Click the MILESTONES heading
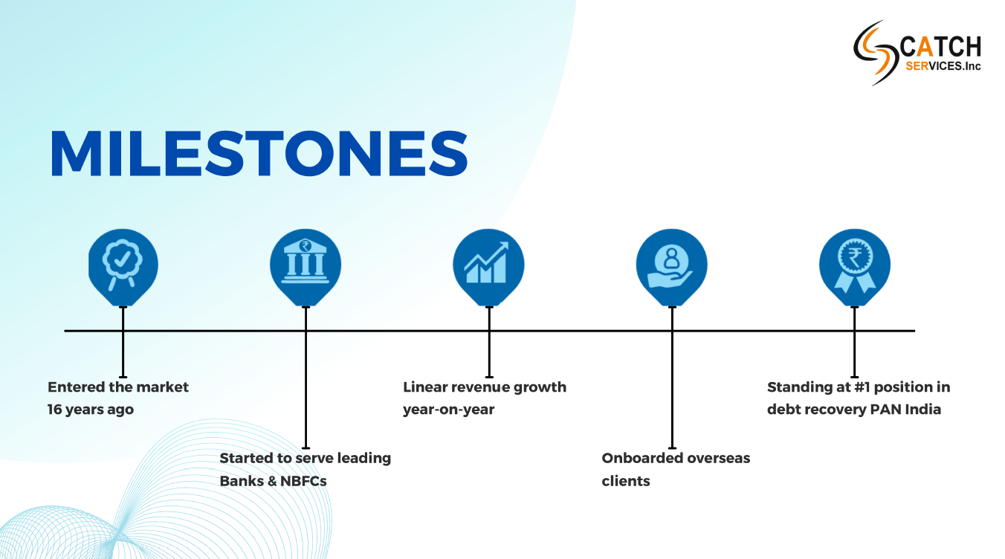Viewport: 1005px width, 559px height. pyautogui.click(x=259, y=153)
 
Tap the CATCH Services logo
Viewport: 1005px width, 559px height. pyautogui.click(x=917, y=53)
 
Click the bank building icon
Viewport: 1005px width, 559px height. pyautogui.click(x=305, y=261)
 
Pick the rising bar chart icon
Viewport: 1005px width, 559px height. pyautogui.click(x=487, y=262)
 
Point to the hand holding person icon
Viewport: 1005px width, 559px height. pyautogui.click(x=670, y=265)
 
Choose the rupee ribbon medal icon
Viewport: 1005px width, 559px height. pyautogui.click(x=855, y=266)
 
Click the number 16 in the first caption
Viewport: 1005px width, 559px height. pyautogui.click(x=54, y=410)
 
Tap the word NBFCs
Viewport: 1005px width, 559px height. pyautogui.click(x=303, y=481)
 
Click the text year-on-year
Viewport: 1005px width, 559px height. pyautogui.click(x=449, y=410)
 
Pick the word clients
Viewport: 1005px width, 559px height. pyautogui.click(x=626, y=481)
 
